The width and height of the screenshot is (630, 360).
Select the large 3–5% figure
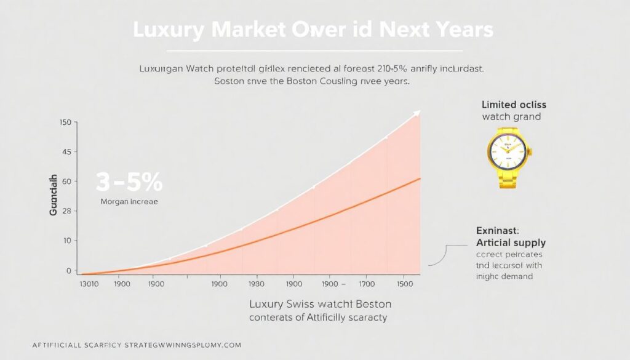coord(129,182)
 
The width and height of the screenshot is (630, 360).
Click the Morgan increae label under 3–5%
coord(129,201)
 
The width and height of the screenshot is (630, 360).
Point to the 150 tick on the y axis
coord(66,123)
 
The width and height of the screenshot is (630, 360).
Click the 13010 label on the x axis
coord(90,285)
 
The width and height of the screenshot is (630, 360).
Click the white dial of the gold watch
coord(509,150)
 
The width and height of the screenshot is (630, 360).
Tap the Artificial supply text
coord(511,242)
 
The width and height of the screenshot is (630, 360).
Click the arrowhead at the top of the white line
coord(417,113)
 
